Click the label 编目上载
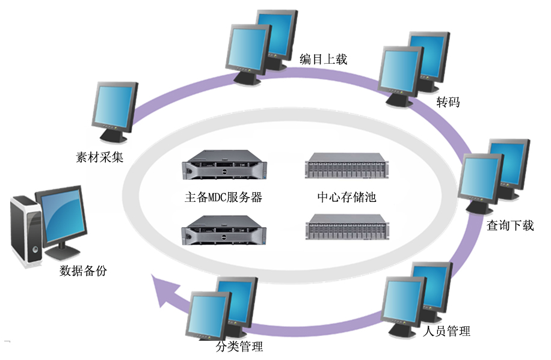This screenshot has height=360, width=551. pos(324,59)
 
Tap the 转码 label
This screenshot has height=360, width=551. pos(448,102)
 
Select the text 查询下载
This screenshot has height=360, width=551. pos(510,225)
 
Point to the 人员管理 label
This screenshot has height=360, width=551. pos(446,331)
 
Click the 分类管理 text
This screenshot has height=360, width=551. pos(239,347)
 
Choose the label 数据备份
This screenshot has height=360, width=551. pos(84,270)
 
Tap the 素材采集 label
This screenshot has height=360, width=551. pos(100,157)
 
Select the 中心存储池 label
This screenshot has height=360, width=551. pos(346,197)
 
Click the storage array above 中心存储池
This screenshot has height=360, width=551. pos(345,166)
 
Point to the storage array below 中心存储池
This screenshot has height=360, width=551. pos(345,228)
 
